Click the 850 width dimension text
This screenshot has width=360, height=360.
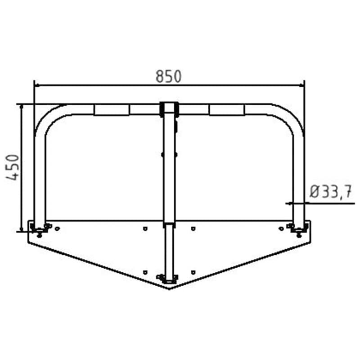pos(168,76)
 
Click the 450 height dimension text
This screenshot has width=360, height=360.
pos(13,167)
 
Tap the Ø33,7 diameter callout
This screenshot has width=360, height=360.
pos(330,192)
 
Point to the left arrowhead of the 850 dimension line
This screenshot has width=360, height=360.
pos(37,85)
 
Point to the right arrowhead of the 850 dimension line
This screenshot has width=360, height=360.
pos(302,85)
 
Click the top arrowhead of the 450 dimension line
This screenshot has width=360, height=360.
pos(21,107)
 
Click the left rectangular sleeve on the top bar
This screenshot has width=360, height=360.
pos(112,110)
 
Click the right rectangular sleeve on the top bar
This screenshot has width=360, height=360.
pos(227,110)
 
